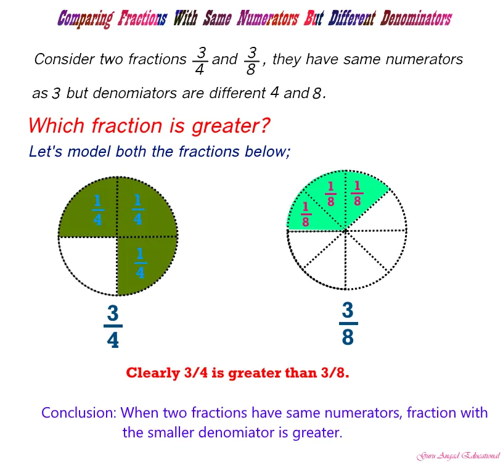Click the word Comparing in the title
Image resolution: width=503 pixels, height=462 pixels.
click(x=86, y=19)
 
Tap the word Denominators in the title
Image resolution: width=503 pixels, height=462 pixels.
click(x=416, y=18)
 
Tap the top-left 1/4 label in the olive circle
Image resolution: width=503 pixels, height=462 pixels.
click(x=97, y=210)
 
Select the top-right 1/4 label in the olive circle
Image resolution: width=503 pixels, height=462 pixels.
click(x=138, y=209)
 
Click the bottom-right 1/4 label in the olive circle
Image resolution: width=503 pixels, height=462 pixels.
click(x=140, y=263)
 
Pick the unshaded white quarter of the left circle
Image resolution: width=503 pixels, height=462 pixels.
click(x=91, y=262)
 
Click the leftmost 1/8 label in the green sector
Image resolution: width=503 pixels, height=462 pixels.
click(x=306, y=214)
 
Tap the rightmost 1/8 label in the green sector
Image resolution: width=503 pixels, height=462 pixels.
click(x=358, y=193)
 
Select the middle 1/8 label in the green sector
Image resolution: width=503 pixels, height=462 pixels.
click(x=331, y=194)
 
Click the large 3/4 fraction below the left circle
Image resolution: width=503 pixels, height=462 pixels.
click(x=113, y=326)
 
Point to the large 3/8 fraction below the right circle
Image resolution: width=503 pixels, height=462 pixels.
click(x=348, y=323)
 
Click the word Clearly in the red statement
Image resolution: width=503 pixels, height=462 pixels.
click(x=153, y=373)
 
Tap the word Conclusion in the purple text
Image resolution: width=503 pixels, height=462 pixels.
click(x=79, y=413)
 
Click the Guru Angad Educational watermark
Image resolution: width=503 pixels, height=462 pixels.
click(x=458, y=456)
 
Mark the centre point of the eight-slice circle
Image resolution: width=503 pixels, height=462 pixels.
click(x=345, y=230)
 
